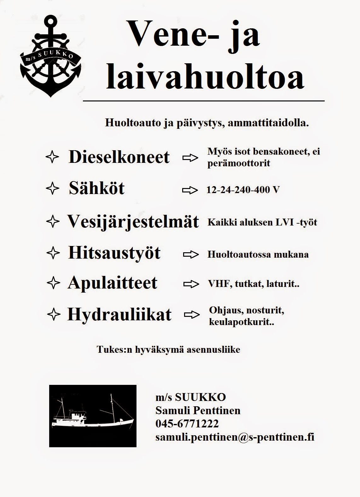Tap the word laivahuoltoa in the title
coord(205,77)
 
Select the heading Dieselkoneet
coord(119,157)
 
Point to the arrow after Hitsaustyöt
coord(190,254)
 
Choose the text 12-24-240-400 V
coord(243,190)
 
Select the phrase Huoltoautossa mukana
coord(258,254)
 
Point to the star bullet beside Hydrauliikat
coord(53,314)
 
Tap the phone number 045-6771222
coord(187,424)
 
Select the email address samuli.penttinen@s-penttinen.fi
coord(235,437)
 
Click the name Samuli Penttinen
coord(198,410)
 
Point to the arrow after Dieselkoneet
coord(190,158)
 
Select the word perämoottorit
coord(239,163)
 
